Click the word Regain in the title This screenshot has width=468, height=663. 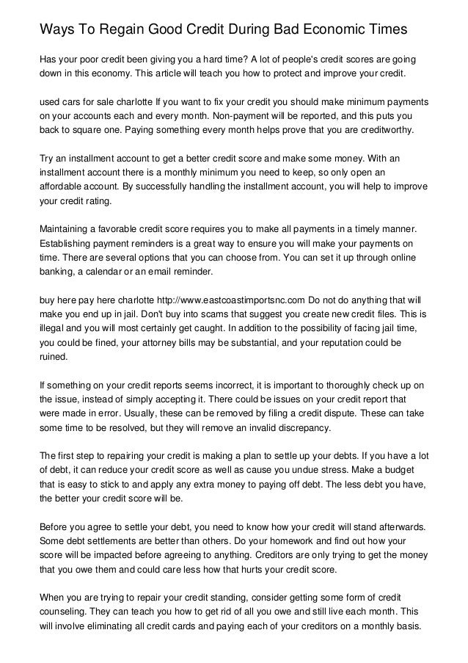[115, 30]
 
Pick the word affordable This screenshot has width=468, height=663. [62, 184]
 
